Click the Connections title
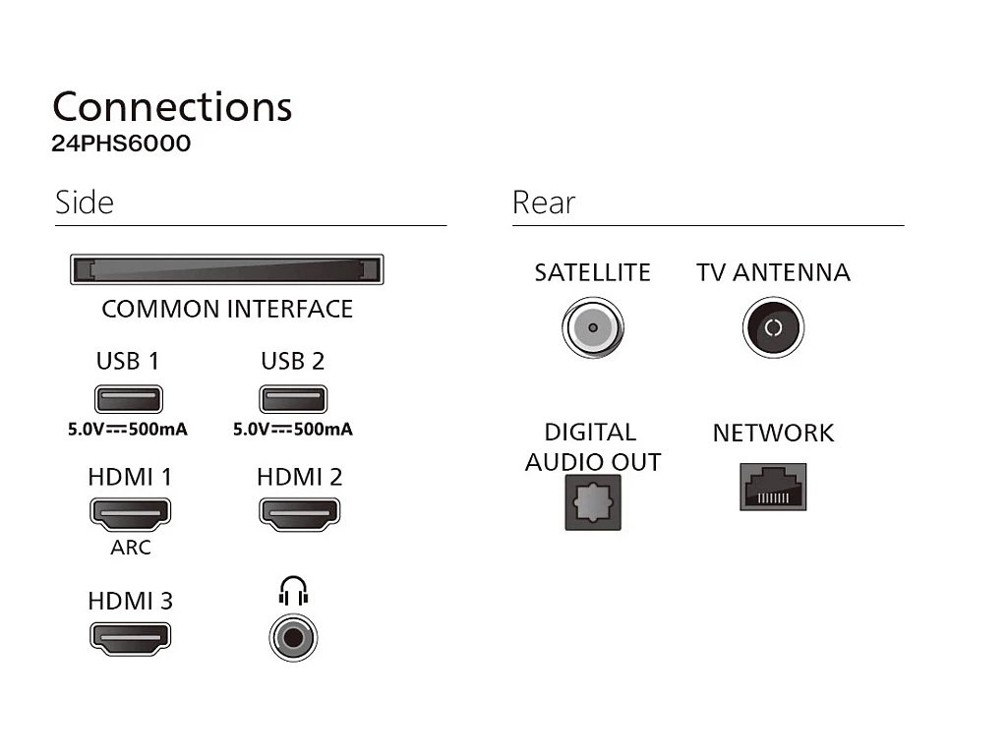pos(172,106)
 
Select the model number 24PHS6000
pos(121,144)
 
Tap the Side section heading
pos(85,203)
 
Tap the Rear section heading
pos(543,203)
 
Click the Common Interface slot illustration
pos(226,269)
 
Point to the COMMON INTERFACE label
pos(226,309)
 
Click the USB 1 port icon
pos(128,399)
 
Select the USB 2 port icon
pos(293,399)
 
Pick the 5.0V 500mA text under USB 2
pos(293,430)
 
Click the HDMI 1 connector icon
pos(130,512)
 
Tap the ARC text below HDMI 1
pos(130,548)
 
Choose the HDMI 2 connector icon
pos(299,512)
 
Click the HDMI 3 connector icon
pos(130,636)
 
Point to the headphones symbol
pos(293,592)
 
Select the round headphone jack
pos(293,637)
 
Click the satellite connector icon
pos(592,327)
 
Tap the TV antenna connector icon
pos(773,327)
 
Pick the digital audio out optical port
pos(592,501)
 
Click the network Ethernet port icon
pos(773,487)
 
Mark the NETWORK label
pos(773,434)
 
